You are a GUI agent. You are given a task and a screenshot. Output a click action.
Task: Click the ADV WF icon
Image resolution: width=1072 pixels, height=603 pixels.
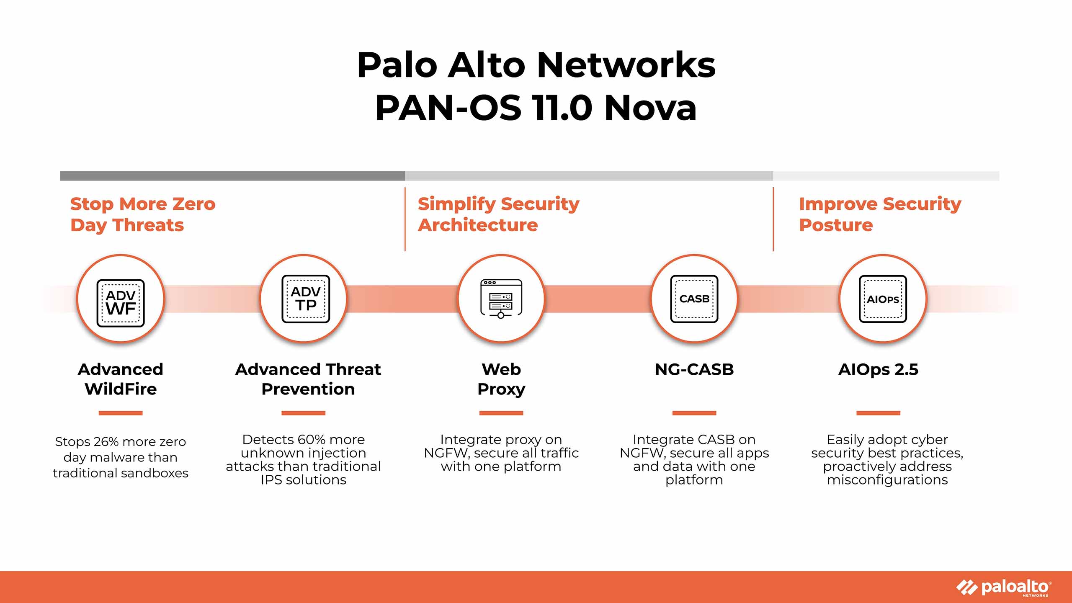(x=121, y=303)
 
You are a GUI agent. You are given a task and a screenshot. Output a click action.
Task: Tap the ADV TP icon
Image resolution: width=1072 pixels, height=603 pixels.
(x=306, y=299)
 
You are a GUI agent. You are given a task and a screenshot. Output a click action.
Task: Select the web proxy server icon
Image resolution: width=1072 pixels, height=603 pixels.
(x=501, y=299)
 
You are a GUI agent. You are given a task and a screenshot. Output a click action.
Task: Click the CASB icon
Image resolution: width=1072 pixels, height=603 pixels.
(x=694, y=299)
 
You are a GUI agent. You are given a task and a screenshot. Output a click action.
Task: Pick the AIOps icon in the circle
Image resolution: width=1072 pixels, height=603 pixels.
(x=883, y=299)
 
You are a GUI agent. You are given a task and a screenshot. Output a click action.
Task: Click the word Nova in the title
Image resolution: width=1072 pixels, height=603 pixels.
(x=650, y=108)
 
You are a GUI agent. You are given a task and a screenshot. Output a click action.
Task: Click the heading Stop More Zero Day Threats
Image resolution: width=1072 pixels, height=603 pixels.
(x=142, y=214)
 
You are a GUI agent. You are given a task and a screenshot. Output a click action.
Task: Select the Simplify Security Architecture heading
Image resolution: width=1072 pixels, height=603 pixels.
(x=498, y=214)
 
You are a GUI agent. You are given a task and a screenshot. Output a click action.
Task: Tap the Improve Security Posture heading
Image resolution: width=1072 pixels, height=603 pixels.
(x=879, y=214)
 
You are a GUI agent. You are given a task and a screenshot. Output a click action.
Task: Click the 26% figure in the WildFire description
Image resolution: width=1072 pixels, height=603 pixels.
(x=106, y=442)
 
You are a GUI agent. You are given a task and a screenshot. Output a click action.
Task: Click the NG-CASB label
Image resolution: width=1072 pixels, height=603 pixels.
(x=694, y=370)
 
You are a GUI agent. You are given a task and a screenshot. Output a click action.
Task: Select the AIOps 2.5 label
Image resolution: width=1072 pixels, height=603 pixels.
(x=878, y=370)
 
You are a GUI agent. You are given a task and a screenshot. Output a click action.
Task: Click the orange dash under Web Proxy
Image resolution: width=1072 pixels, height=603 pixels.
(x=501, y=413)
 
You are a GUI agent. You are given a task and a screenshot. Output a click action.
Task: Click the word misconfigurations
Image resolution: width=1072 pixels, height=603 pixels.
(x=887, y=480)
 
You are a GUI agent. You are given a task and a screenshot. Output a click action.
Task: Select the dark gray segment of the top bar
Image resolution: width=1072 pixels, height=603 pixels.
(x=232, y=176)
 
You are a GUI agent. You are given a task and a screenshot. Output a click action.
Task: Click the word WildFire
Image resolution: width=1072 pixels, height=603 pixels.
(x=121, y=389)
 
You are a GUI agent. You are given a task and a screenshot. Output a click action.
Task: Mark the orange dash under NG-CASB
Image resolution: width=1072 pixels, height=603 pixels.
(x=694, y=413)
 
